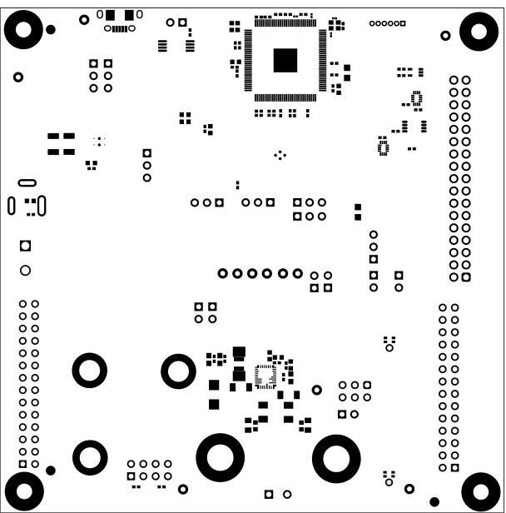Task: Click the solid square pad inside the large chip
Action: [285, 60]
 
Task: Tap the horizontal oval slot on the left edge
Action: [27, 182]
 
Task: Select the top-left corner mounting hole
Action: [22, 31]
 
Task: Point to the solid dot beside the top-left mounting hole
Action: [51, 30]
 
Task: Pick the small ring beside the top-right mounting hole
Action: [446, 36]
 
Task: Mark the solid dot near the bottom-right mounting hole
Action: [434, 501]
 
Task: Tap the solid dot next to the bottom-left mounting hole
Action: [51, 471]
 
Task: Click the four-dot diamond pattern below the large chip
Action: [280, 155]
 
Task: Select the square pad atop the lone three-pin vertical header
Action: [147, 153]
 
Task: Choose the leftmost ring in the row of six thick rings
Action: [222, 273]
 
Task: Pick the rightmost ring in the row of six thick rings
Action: [297, 273]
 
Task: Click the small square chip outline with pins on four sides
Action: [265, 376]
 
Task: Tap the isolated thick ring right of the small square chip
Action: [316, 390]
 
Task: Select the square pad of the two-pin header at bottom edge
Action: [269, 494]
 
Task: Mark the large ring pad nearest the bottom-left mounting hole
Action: [90, 456]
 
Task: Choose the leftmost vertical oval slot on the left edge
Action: [12, 205]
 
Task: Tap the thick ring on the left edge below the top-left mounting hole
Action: [18, 77]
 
